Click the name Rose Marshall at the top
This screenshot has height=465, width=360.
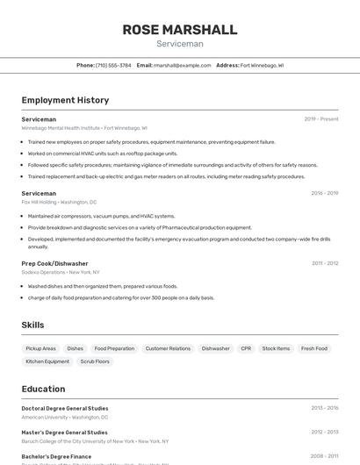click(179, 30)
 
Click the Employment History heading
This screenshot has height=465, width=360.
click(65, 100)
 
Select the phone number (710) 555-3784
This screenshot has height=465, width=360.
click(113, 65)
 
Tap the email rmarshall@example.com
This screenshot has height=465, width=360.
click(182, 65)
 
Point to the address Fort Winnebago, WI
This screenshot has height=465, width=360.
click(262, 65)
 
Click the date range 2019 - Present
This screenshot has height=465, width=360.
click(320, 119)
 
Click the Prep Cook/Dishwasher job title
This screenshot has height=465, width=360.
click(54, 263)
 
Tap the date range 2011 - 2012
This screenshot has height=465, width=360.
click(324, 263)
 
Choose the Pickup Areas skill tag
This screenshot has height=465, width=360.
click(41, 348)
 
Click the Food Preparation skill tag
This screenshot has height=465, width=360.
click(114, 348)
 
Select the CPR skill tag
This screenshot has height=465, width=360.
click(246, 348)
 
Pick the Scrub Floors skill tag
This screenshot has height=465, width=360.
click(95, 361)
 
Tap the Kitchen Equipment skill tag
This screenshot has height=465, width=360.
click(47, 361)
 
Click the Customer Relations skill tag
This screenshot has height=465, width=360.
click(168, 348)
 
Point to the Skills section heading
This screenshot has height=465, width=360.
click(32, 325)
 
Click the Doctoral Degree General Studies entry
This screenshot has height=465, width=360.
click(65, 408)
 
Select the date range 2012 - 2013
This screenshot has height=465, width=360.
click(324, 432)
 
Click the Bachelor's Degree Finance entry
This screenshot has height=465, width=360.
click(56, 456)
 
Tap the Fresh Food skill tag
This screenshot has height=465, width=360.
click(314, 348)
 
